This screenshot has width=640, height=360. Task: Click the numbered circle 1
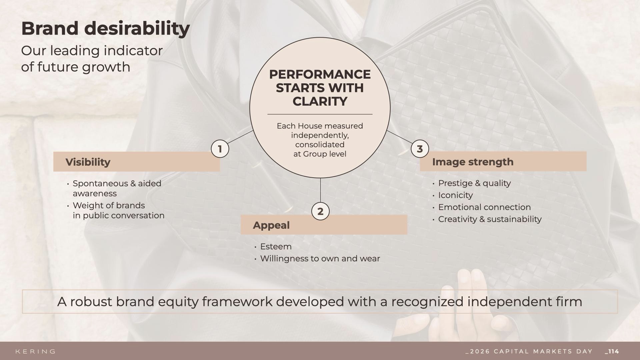coord(220,149)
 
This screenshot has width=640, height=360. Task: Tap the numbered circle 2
coord(320,211)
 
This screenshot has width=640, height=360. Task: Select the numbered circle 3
coord(420,149)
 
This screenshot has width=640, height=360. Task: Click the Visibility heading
coord(88,162)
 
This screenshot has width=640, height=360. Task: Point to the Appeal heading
coord(271,225)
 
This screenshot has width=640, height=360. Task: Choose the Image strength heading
coord(473,162)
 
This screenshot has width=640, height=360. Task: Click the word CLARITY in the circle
coord(320,101)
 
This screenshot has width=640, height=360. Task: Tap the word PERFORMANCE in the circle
coord(320,74)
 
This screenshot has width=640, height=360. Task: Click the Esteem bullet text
coord(276,247)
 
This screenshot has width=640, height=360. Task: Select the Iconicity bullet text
coord(455,195)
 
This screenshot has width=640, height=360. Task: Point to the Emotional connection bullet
coord(484,207)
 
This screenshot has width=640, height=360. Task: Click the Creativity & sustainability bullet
coord(490,219)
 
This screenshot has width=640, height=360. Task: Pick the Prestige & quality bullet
coord(474,183)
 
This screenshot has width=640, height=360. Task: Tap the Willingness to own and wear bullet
coord(320,259)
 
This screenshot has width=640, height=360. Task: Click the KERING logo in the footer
coord(36,351)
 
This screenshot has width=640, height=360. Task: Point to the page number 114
coord(612,351)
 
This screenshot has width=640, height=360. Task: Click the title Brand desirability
coord(105,29)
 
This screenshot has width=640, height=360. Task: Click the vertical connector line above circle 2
coord(320,190)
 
